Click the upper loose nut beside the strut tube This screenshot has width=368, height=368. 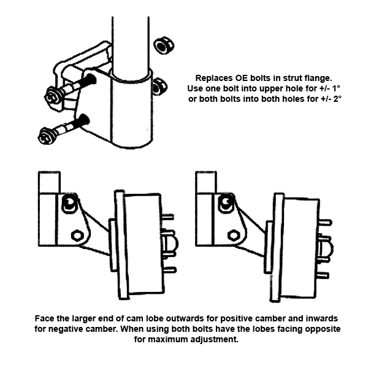coord(163,45)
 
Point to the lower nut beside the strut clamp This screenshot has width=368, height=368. coord(158,86)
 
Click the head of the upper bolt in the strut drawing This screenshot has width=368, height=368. coord(52,96)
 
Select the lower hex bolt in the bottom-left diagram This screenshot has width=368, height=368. coord(77,235)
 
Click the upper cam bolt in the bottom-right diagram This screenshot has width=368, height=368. coord(226,201)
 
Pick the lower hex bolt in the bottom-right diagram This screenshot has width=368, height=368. coord(233,234)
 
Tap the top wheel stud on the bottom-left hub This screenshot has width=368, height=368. coord(169,216)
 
